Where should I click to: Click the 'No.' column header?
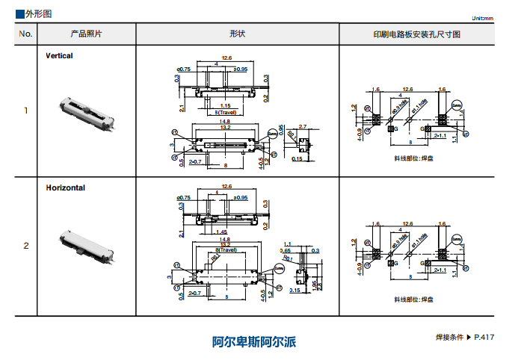pos(25,34)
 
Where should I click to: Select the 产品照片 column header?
pos(87,34)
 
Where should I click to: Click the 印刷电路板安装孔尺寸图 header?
pos(417,34)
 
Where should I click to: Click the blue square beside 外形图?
pos(19,14)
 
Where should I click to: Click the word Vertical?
pos(59,55)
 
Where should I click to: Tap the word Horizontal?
pos(65,187)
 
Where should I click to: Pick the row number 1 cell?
pos(25,111)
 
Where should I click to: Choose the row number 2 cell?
pos(25,246)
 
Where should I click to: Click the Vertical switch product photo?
pos(87,111)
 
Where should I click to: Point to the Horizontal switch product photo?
pos(87,246)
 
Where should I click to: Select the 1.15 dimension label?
pos(225,105)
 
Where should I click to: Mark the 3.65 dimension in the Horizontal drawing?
pos(285,251)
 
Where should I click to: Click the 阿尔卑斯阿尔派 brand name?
pos(254,343)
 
